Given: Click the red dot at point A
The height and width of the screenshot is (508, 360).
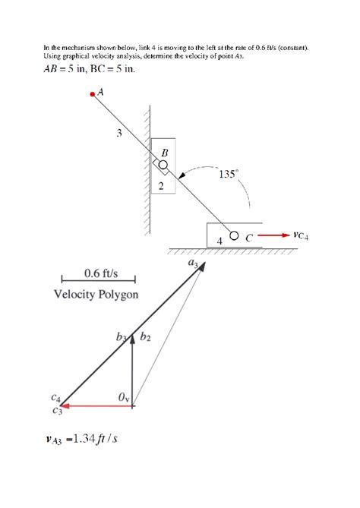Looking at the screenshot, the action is click(x=93, y=94).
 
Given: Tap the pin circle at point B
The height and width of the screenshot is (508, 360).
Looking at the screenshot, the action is click(x=163, y=165).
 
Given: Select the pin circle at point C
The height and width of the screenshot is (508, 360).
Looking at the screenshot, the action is click(x=234, y=235).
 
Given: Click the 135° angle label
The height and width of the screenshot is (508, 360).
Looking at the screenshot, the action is click(x=229, y=174).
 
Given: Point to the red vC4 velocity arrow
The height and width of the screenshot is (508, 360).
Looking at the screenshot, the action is click(x=273, y=235).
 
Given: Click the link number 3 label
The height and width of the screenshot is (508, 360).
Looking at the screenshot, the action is click(x=119, y=133).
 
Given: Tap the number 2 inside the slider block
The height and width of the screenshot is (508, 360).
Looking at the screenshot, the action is click(x=161, y=186).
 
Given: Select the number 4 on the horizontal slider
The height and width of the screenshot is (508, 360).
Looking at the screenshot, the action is click(x=219, y=241).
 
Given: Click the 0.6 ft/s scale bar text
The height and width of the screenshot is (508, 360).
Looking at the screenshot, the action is click(x=101, y=273).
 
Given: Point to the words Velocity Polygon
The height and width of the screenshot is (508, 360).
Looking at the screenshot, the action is click(x=96, y=294).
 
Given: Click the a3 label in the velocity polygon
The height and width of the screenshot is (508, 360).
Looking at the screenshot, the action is click(x=193, y=263).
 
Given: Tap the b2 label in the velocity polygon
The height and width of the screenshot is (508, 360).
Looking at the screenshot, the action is click(x=146, y=337).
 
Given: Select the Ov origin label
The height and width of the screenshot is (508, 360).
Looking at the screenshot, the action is click(x=124, y=397).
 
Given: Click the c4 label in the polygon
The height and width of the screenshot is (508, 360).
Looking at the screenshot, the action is click(x=55, y=397).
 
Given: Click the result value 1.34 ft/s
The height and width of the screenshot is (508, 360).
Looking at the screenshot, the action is click(x=95, y=439).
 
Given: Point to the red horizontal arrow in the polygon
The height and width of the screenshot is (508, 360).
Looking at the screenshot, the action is click(x=96, y=405).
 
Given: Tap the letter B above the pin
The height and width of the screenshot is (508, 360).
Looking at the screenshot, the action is click(x=165, y=153).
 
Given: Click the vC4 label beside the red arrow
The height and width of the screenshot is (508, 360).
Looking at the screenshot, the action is click(x=301, y=235).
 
